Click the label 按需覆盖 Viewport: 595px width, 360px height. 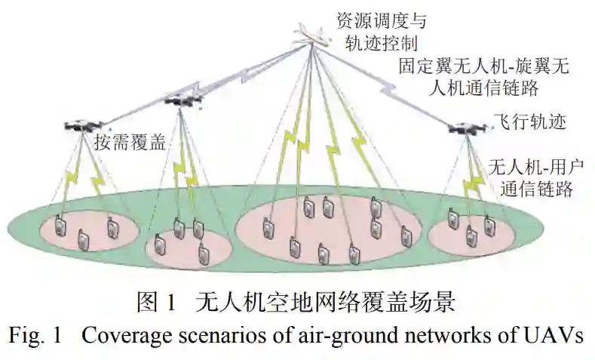129,142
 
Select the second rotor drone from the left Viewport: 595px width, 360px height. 179,100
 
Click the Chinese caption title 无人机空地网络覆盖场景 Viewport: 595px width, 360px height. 325,303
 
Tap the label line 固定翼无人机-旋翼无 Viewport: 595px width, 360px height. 483,66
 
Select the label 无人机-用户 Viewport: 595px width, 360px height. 537,166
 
